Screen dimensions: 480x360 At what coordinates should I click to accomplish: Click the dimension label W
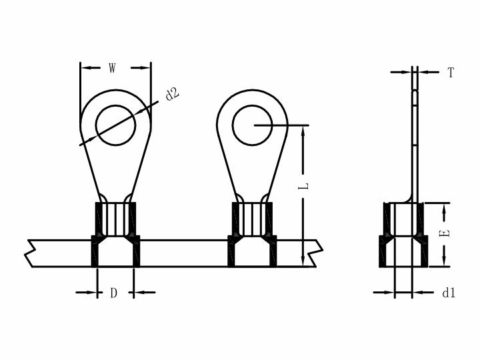coord(113,68)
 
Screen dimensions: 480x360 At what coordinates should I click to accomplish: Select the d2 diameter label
coord(172,94)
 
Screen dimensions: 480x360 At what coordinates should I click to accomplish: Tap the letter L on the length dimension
coord(303,186)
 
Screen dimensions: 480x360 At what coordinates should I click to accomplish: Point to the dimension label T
coord(450,73)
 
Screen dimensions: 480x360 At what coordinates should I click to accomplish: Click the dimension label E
coord(445,233)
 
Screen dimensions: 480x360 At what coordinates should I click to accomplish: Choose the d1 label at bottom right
coord(449,293)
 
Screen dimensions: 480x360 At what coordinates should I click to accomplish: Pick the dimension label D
coord(113,293)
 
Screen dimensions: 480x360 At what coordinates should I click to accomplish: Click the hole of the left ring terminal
coord(115,125)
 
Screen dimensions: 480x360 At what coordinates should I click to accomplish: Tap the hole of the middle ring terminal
coord(252,125)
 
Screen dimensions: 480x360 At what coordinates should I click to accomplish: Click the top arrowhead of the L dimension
coord(303,132)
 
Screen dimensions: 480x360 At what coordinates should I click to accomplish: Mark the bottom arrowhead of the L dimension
coord(303,259)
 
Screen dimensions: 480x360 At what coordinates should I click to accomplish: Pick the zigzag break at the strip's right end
coord(316,253)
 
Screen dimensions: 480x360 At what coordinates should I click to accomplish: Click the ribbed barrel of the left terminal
coord(115,219)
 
